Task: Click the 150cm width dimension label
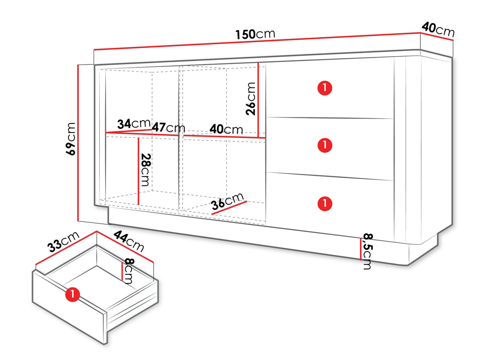pos(255,34)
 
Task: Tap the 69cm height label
pos(71,139)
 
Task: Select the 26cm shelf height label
pos(250,99)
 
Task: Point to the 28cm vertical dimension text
pos(146,170)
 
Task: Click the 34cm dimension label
pos(134,124)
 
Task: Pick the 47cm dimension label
pos(169,127)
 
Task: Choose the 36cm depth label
pos(227,201)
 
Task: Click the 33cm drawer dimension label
pos(63,242)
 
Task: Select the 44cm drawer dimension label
pos(129,241)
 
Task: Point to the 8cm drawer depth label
pos(128,271)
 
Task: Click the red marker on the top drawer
pos(325,88)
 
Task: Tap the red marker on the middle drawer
pos(325,145)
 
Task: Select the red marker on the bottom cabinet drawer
pos(325,203)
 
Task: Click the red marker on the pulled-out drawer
pos(72,294)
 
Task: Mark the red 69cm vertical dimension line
pos(78,143)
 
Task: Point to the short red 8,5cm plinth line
pos(361,249)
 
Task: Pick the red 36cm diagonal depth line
pos(229,208)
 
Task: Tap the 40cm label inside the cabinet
pos(226,129)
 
